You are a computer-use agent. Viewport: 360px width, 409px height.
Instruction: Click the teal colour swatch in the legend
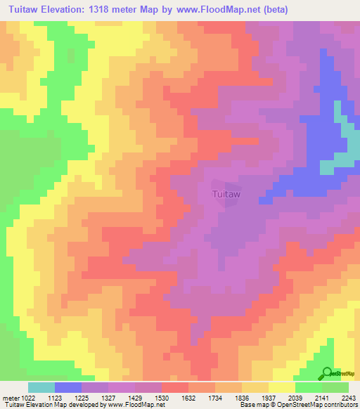pyautogui.click(x=41, y=387)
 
